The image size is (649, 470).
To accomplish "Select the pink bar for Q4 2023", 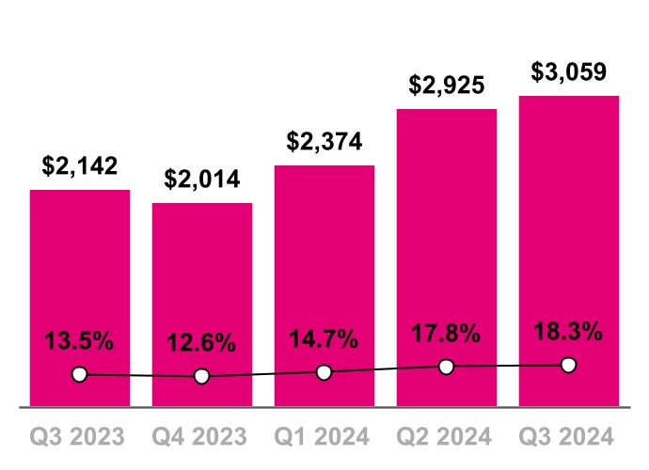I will [202, 282].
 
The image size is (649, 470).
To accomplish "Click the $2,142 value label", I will [80, 166].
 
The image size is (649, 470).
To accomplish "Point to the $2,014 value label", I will [202, 179].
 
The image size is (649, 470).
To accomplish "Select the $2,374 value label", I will [324, 142].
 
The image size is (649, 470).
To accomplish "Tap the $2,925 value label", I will [447, 86].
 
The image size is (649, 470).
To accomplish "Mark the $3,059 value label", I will [569, 72].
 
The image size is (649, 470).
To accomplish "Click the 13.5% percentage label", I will [80, 340].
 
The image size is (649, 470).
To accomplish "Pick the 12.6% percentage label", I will [202, 343].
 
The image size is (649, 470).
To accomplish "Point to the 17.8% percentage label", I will [447, 333].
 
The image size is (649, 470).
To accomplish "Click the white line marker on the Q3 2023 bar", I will [80, 375].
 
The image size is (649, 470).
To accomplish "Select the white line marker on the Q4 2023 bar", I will [201, 377].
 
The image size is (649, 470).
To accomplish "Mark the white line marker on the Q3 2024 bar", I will [568, 365].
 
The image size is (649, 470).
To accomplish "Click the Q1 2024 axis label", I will [324, 436].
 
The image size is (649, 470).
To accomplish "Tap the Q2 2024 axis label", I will [447, 436].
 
